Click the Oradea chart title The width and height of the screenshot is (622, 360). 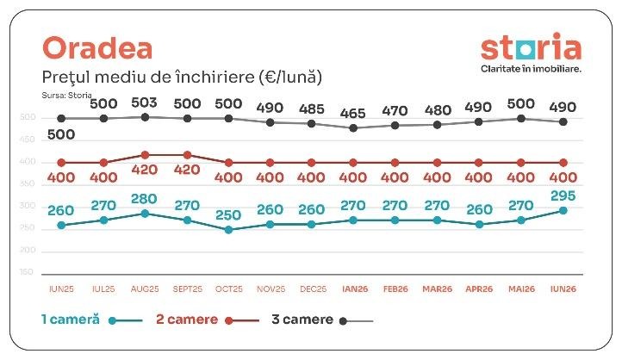click(x=97, y=48)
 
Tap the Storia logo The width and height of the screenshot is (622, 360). click(x=531, y=47)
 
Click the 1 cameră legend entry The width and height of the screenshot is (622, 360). click(x=91, y=320)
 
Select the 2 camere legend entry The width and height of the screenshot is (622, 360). click(x=208, y=320)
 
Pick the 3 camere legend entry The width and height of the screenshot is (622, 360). click(x=322, y=320)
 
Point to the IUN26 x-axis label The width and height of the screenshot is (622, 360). click(x=563, y=289)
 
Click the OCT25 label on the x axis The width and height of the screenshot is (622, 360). click(x=229, y=289)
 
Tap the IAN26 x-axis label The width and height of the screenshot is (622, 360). click(x=355, y=289)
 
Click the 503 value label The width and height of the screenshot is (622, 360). click(x=144, y=102)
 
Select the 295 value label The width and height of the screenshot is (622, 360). click(x=563, y=196)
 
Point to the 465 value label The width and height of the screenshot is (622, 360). click(x=352, y=114)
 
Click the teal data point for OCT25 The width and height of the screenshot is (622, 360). click(x=228, y=230)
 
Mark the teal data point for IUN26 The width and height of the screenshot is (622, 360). click(x=563, y=210)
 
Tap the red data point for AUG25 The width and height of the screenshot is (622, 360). click(x=146, y=155)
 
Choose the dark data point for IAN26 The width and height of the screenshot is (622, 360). click(x=353, y=128)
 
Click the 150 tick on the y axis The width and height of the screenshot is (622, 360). click(x=27, y=272)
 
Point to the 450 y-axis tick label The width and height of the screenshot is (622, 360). click(x=27, y=140)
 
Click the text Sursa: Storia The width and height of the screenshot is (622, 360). click(x=66, y=95)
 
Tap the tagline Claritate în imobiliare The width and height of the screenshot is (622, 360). click(x=531, y=69)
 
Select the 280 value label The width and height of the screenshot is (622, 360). click(x=144, y=199)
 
